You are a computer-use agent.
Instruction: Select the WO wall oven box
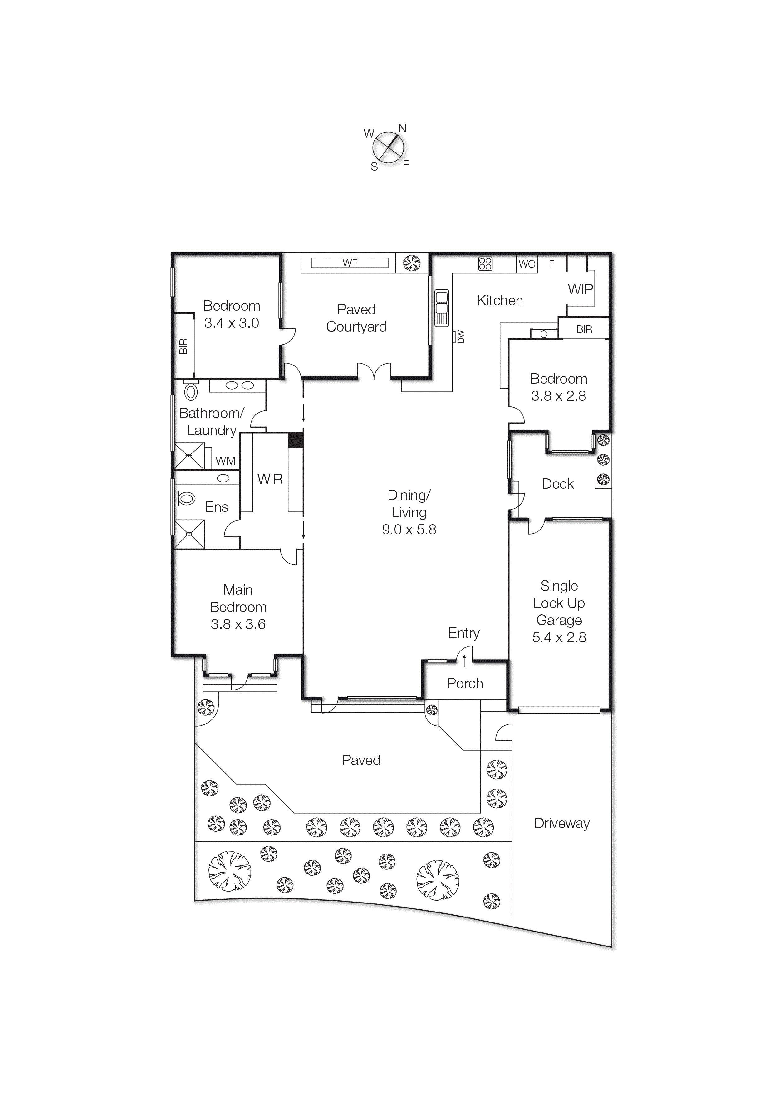pos(527,264)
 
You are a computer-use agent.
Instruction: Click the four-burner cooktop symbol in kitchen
pos(485,264)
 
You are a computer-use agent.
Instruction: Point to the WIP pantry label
pos(580,289)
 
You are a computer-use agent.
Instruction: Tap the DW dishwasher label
pos(461,336)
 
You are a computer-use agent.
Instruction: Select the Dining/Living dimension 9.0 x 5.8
pos(409,529)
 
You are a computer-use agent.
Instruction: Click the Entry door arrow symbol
pos(464,661)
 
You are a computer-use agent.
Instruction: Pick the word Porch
pos(464,683)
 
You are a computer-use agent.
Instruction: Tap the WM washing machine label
pos(225,461)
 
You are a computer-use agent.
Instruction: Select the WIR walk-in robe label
pos(270,479)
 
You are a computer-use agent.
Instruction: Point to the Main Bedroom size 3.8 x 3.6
pos(238,624)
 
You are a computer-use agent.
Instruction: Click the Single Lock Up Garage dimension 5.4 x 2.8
pos(559,637)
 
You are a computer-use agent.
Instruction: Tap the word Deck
pos(557,484)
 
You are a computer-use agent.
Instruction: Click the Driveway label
pos(561,823)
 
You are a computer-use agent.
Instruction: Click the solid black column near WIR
pos(296,440)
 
